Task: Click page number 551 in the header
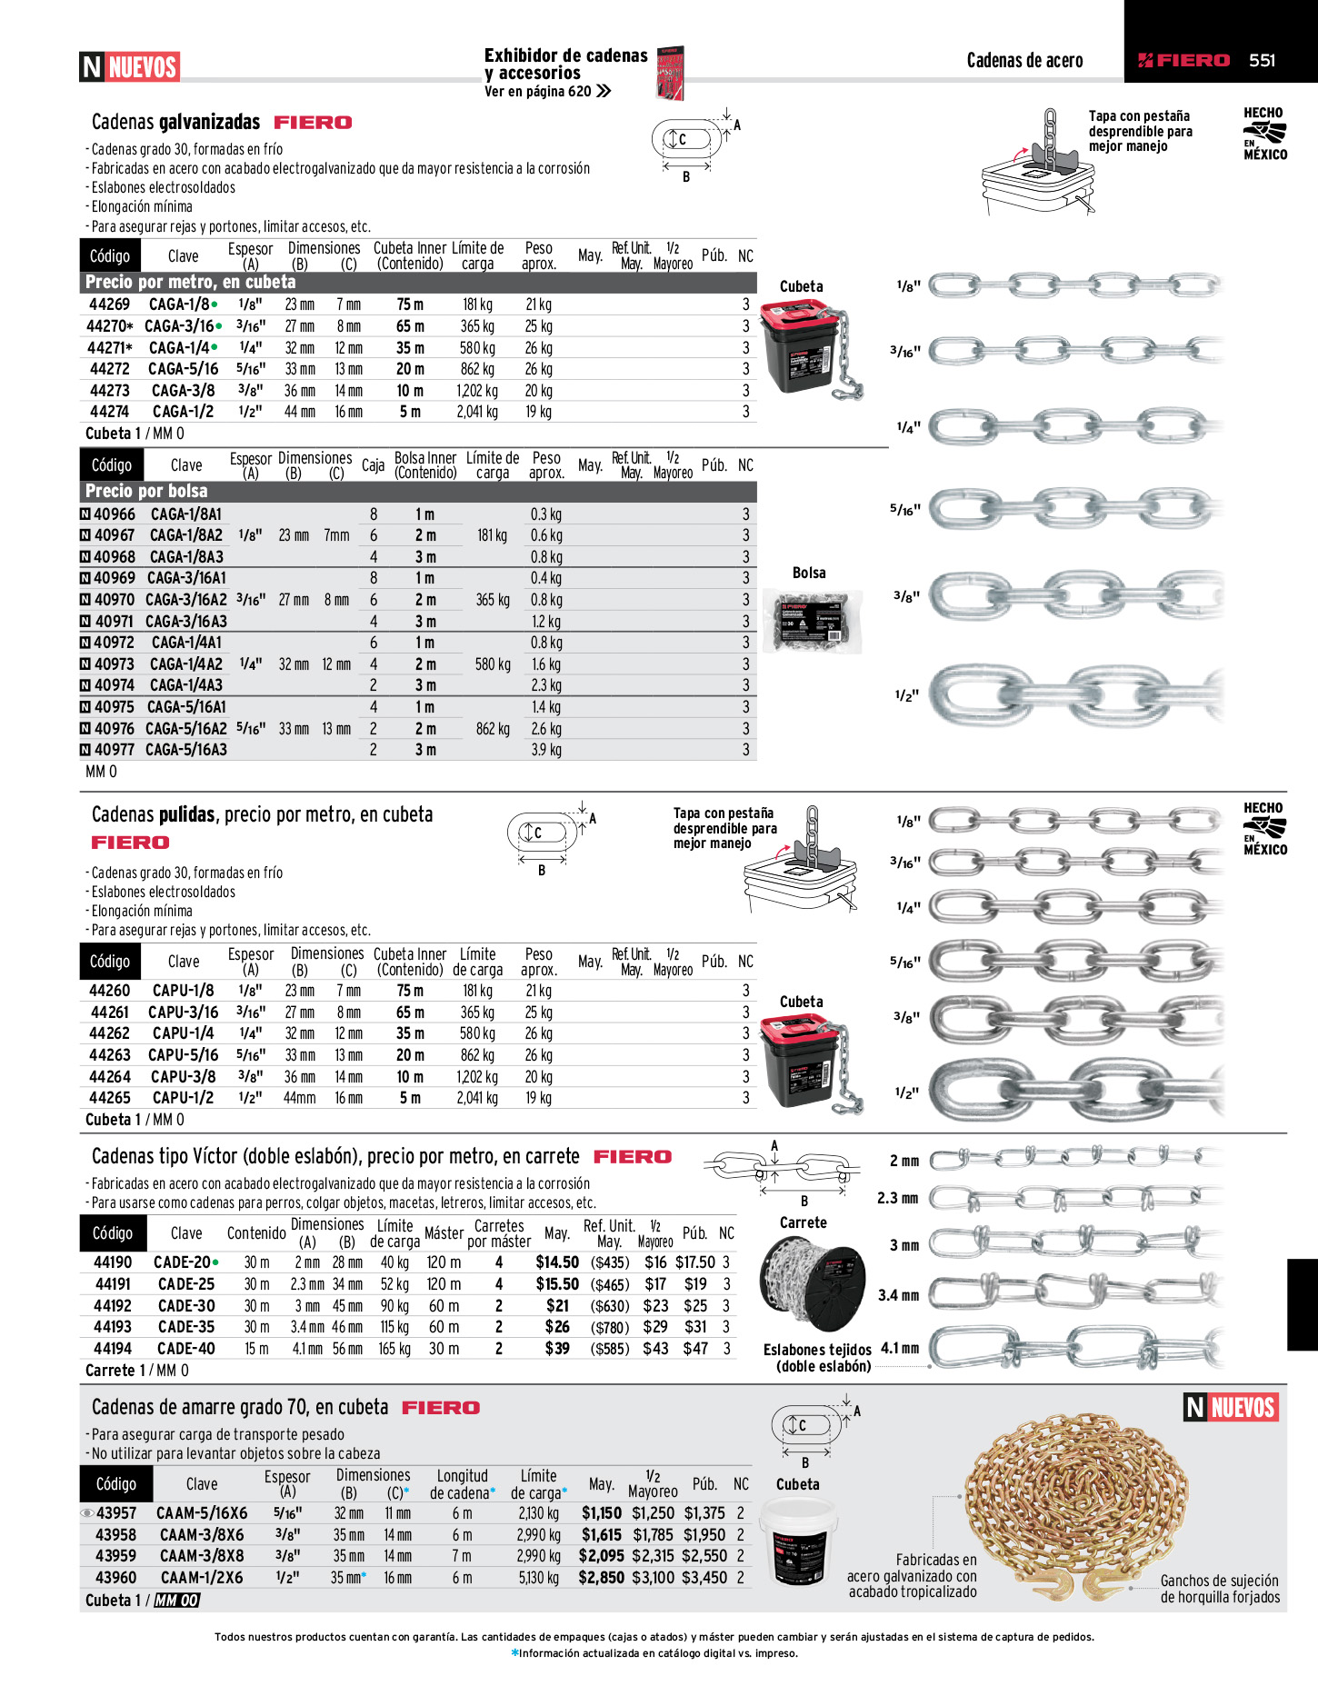1262,60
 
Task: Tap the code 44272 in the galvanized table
110,369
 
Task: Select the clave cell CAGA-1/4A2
186,664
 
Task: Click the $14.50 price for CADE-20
557,1262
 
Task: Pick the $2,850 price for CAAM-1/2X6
601,1578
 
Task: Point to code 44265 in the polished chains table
110,1098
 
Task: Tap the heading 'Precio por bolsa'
146,491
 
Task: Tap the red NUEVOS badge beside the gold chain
1232,1408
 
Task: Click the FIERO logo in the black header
1183,60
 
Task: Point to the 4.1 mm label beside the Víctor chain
900,1348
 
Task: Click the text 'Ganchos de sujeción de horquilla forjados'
1220,1589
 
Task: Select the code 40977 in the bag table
115,750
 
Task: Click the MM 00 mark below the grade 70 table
176,1601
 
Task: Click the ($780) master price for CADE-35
609,1328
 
